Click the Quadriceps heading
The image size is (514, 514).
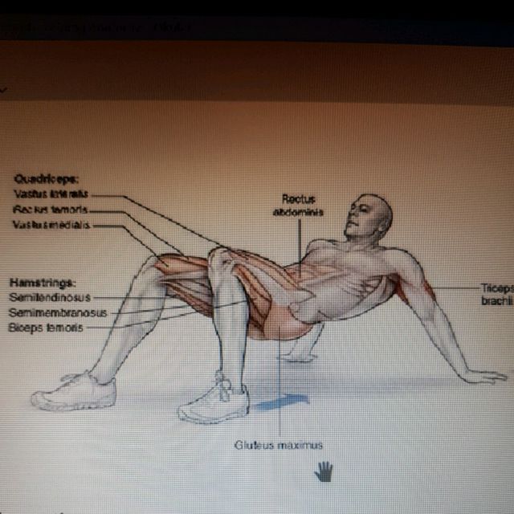pyautogui.click(x=40, y=180)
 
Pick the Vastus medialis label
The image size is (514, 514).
pyautogui.click(x=52, y=224)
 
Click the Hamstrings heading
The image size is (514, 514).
pyautogui.click(x=43, y=283)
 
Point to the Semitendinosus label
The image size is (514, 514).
pyautogui.click(x=49, y=297)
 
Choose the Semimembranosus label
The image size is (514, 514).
pyautogui.click(x=57, y=312)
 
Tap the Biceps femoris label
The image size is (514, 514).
pyautogui.click(x=46, y=328)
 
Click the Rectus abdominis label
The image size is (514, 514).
pyautogui.click(x=298, y=206)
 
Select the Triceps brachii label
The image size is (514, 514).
pyautogui.click(x=496, y=293)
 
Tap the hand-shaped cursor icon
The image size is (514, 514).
pyautogui.click(x=323, y=471)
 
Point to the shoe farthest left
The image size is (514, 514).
pyautogui.click(x=74, y=393)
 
